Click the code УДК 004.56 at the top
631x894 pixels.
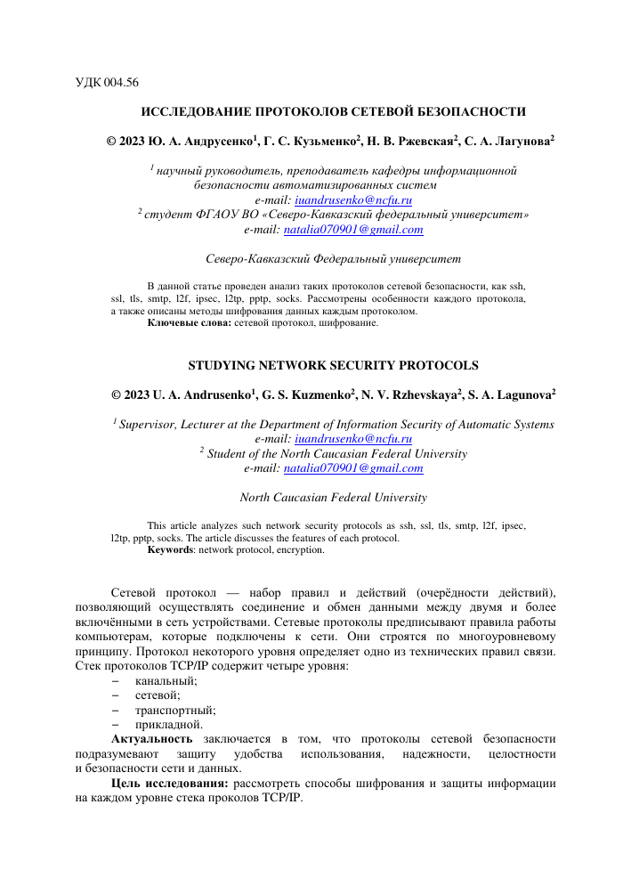[x=107, y=83]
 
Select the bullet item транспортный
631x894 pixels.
[x=175, y=710]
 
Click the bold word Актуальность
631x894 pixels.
[x=151, y=739]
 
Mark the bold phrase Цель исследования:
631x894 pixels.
[x=169, y=784]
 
